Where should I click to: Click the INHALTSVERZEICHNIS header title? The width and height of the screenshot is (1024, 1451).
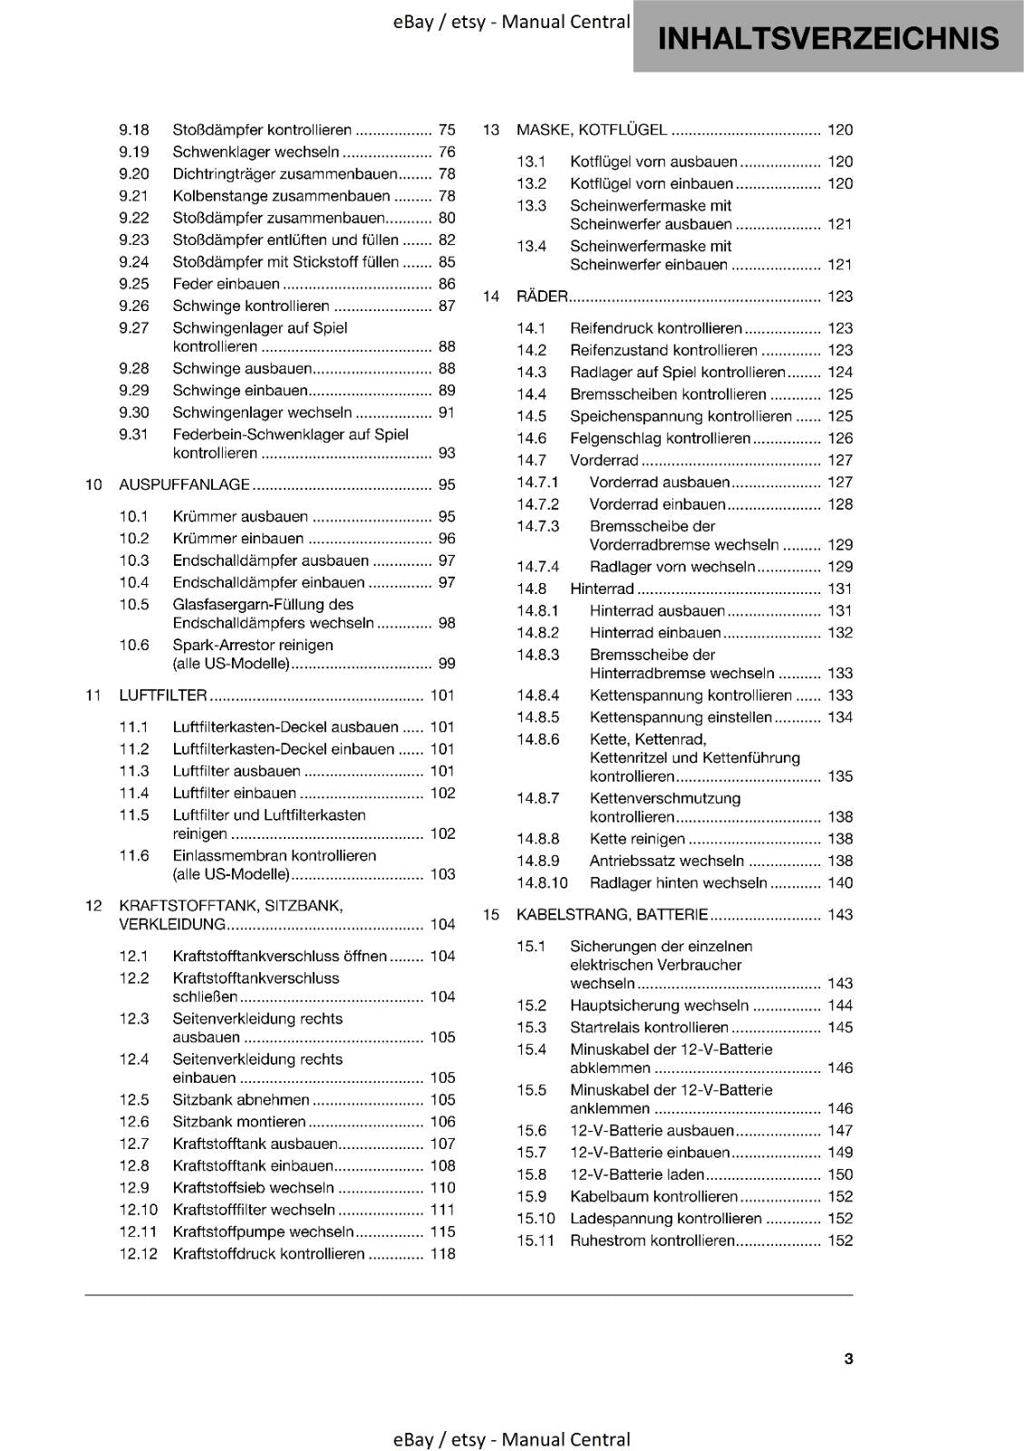tap(828, 38)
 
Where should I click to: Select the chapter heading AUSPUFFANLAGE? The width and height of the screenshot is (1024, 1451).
tap(184, 484)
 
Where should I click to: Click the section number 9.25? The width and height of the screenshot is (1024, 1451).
tap(133, 284)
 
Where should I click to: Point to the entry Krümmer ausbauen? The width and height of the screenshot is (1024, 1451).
tap(240, 516)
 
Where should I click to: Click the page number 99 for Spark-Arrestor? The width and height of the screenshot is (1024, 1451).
tap(446, 664)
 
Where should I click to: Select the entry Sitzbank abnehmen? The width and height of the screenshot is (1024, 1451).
tap(241, 1099)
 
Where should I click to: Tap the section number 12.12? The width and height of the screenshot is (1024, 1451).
tap(138, 1253)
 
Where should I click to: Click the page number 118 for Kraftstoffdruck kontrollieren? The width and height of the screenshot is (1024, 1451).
tap(443, 1253)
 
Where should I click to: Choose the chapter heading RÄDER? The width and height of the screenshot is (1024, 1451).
tap(541, 297)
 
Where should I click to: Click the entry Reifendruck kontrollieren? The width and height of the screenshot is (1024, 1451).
tap(655, 328)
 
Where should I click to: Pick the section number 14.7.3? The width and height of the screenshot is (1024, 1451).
tap(538, 526)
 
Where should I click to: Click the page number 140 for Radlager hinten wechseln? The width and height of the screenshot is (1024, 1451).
tap(840, 882)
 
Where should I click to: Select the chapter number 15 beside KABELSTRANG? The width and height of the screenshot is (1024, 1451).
tap(491, 914)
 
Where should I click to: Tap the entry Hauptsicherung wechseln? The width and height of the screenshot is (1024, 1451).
tap(659, 1005)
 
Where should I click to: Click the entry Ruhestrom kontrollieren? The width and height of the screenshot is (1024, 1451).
tap(652, 1240)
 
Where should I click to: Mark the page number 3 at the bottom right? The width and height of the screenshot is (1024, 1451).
tap(848, 1358)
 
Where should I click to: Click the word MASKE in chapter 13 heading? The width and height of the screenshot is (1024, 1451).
tap(541, 130)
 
